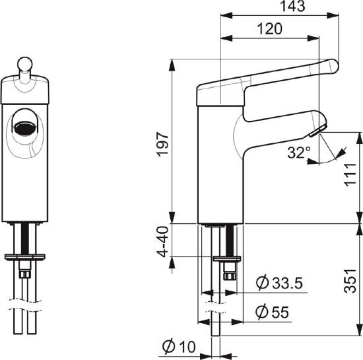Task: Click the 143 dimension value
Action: (x=292, y=6)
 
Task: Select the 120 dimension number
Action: (x=270, y=29)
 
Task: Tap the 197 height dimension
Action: (x=162, y=144)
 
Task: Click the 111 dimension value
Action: (x=350, y=174)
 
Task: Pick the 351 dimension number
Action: (x=350, y=281)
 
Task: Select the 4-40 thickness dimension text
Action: (x=164, y=242)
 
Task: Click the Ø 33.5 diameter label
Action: (x=280, y=283)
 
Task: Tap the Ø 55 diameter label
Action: (x=272, y=312)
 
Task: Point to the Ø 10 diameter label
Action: (x=179, y=347)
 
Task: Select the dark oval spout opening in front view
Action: (x=25, y=127)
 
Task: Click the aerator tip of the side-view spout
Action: (x=317, y=131)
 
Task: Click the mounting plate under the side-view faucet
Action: (x=227, y=259)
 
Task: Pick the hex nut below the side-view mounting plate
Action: (x=230, y=275)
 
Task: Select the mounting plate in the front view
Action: (x=25, y=257)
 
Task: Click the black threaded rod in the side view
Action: (x=230, y=240)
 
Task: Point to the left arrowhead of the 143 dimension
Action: (x=226, y=15)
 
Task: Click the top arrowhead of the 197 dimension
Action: (x=172, y=65)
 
